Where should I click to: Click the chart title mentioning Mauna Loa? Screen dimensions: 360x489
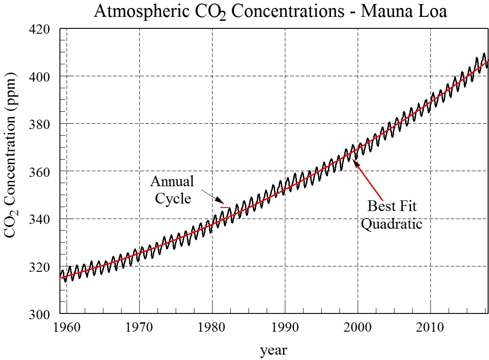pos(270,12)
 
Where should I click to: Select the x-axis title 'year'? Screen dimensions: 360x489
pos(273,350)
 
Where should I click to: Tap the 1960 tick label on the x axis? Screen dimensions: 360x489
pos(67,328)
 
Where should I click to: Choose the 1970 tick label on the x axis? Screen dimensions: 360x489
pos(139,328)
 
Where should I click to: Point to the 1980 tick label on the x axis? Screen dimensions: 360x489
pos(212,328)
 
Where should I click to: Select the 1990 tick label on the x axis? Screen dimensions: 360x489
pos(285,328)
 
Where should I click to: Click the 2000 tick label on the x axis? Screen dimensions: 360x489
pos(358,328)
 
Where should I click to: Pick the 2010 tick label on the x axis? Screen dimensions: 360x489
pos(430,328)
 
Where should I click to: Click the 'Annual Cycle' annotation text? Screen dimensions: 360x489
pos(172,189)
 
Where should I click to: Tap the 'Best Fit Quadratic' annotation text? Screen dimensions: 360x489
pos(391,215)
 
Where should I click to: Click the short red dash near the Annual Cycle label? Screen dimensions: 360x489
pos(225,207)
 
